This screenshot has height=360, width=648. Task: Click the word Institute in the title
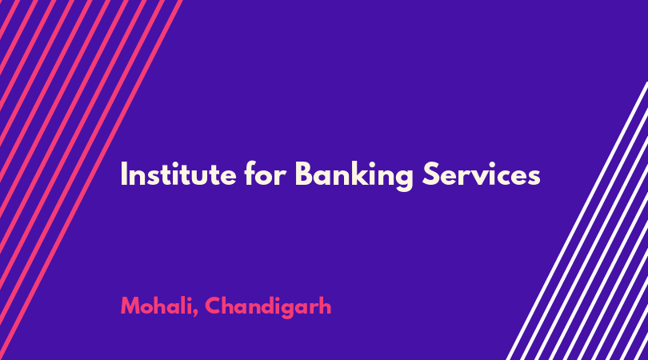(178, 174)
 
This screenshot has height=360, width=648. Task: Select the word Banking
(354, 176)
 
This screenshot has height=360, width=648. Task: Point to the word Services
(481, 174)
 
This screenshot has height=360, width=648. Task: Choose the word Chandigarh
(268, 307)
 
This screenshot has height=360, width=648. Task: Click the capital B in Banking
(305, 174)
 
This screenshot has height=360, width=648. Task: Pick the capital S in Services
(430, 174)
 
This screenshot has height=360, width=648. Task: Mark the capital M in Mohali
(130, 306)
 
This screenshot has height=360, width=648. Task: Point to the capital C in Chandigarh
(214, 306)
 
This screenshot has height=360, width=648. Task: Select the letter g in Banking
(403, 179)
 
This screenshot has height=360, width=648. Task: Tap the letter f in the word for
(250, 173)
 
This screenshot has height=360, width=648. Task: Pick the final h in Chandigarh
(325, 306)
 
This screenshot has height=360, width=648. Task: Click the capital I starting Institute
(123, 174)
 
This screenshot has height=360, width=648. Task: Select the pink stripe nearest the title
(90, 179)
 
